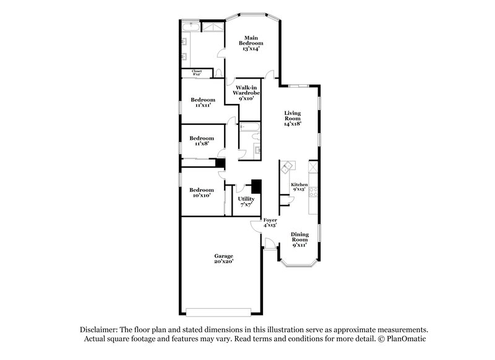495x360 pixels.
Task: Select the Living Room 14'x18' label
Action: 292,118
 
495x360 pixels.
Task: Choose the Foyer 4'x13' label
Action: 270,223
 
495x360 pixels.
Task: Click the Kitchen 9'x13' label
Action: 299,187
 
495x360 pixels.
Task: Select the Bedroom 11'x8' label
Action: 202,140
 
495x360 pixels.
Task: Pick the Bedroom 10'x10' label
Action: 202,192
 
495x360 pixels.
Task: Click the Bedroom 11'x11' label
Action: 202,103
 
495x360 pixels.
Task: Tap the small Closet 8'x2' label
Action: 197,73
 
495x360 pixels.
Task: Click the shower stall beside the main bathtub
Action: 212,28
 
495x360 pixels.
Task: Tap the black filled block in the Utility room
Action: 256,187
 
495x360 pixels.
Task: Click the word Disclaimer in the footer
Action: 100,330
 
